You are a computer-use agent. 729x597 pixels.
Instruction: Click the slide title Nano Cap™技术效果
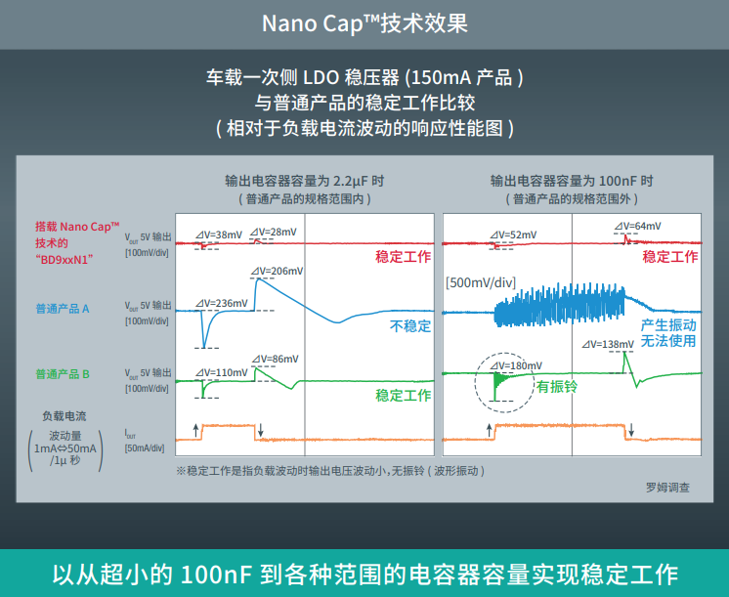tap(364, 22)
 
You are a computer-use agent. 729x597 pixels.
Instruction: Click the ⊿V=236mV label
tap(221, 303)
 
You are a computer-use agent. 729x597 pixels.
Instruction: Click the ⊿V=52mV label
tap(510, 235)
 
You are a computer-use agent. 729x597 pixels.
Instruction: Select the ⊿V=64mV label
tap(636, 226)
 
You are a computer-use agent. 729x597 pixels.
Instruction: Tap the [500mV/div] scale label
tap(480, 282)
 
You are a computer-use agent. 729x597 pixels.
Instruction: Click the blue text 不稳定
tap(410, 326)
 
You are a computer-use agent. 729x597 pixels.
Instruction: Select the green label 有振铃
tap(556, 386)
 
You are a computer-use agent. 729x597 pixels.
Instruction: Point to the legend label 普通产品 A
tap(63, 308)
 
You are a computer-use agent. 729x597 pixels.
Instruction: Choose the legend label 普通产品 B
tap(63, 373)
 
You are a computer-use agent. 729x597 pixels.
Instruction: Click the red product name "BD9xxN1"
tap(64, 259)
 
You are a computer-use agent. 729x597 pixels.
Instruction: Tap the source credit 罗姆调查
tap(667, 486)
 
